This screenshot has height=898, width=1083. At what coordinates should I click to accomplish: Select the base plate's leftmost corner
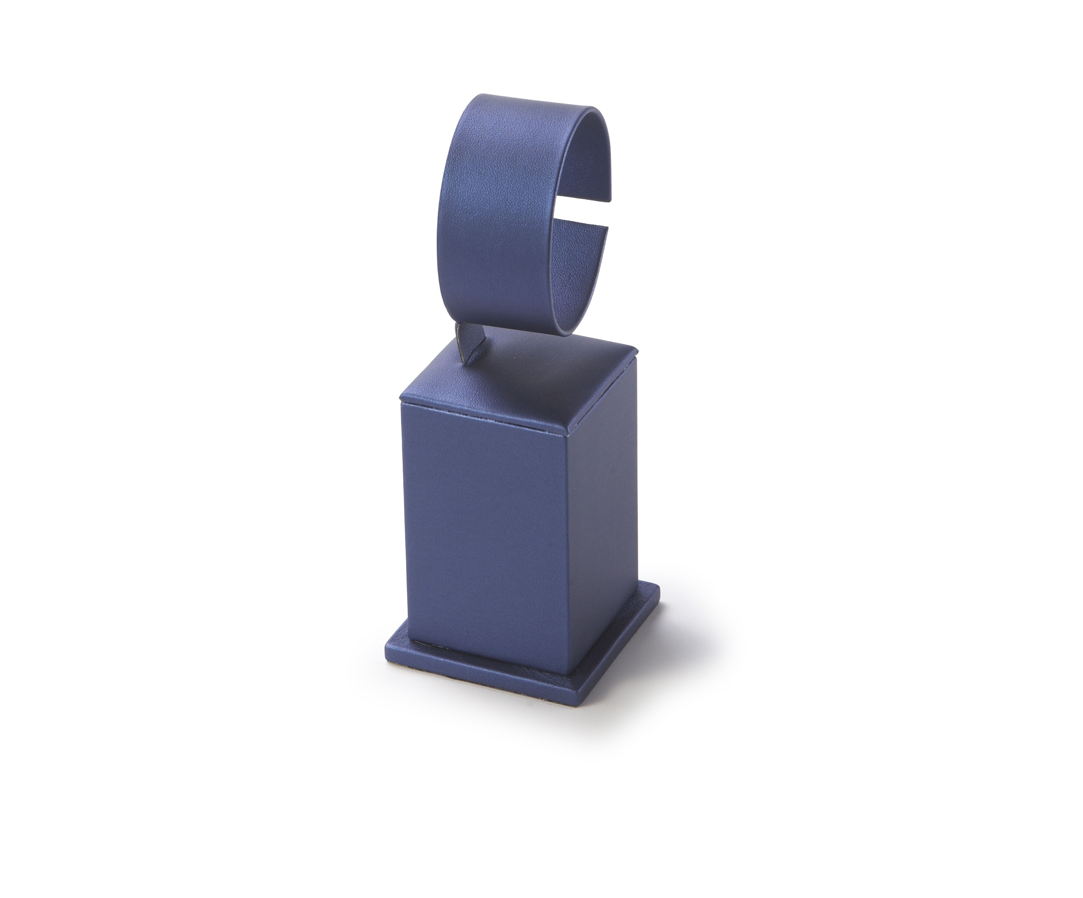pyautogui.click(x=386, y=654)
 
